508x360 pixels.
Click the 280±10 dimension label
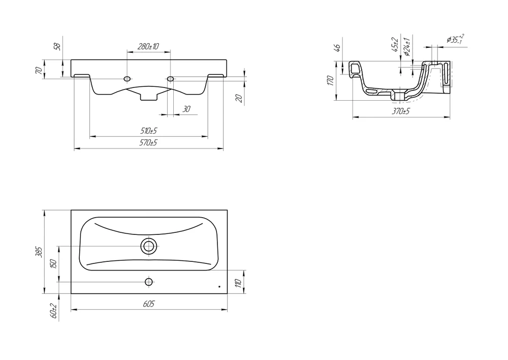[148, 46]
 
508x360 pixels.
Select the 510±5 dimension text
[149, 131]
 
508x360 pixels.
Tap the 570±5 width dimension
[149, 143]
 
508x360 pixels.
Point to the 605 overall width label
[149, 304]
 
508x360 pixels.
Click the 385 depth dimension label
[39, 252]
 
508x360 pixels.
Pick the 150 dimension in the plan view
[54, 264]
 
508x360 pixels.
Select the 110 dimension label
[238, 283]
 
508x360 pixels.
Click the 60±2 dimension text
[54, 311]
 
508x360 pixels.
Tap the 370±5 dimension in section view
[401, 111]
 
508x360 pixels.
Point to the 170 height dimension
[330, 80]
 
